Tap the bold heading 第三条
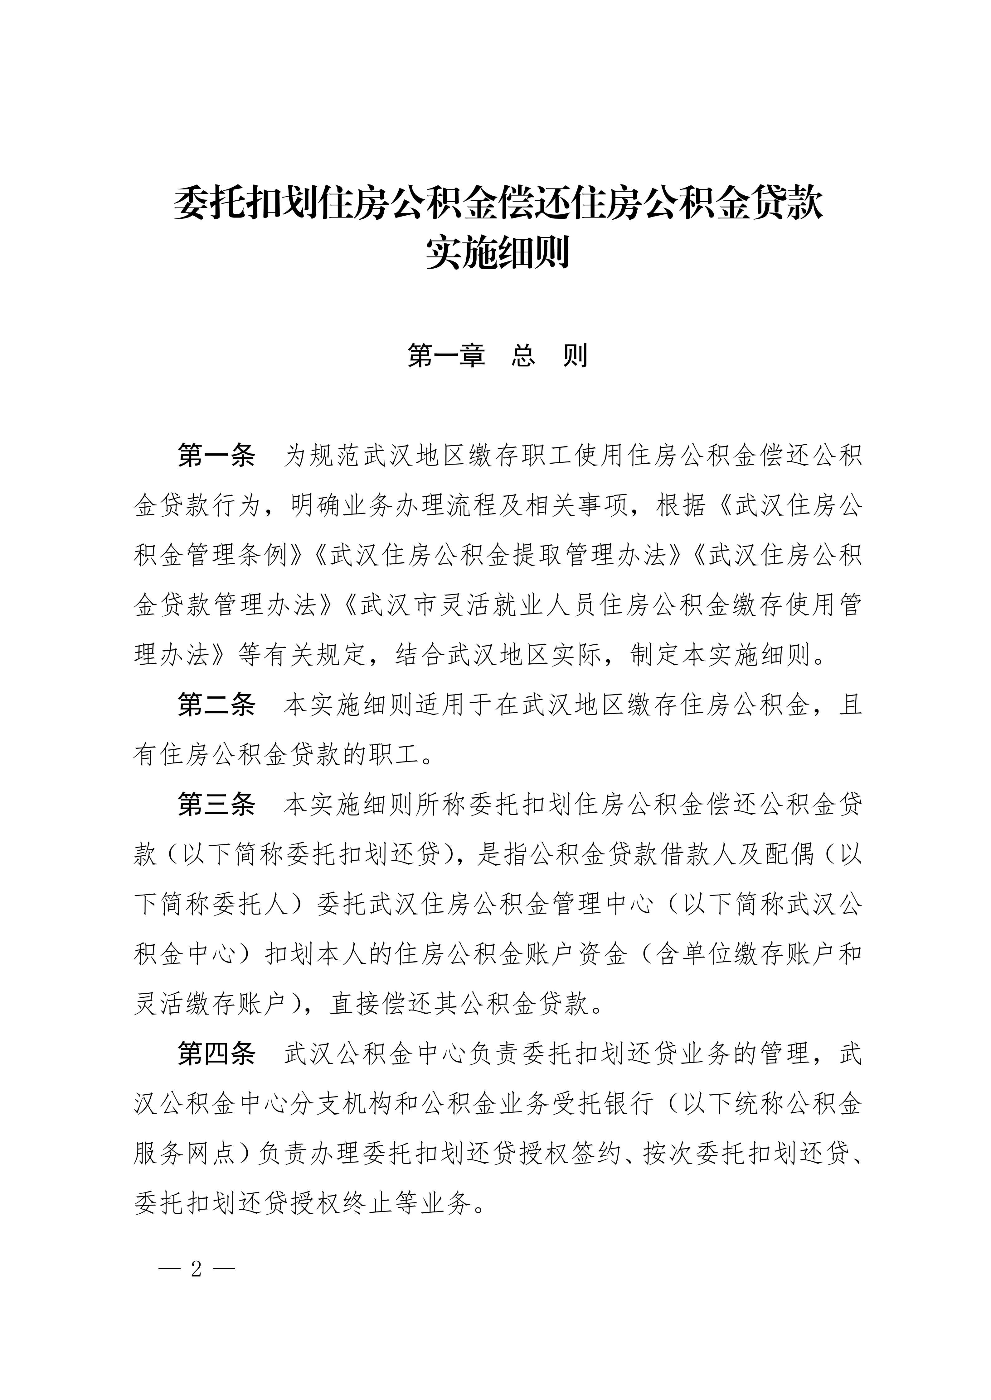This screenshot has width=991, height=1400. tap(216, 805)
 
